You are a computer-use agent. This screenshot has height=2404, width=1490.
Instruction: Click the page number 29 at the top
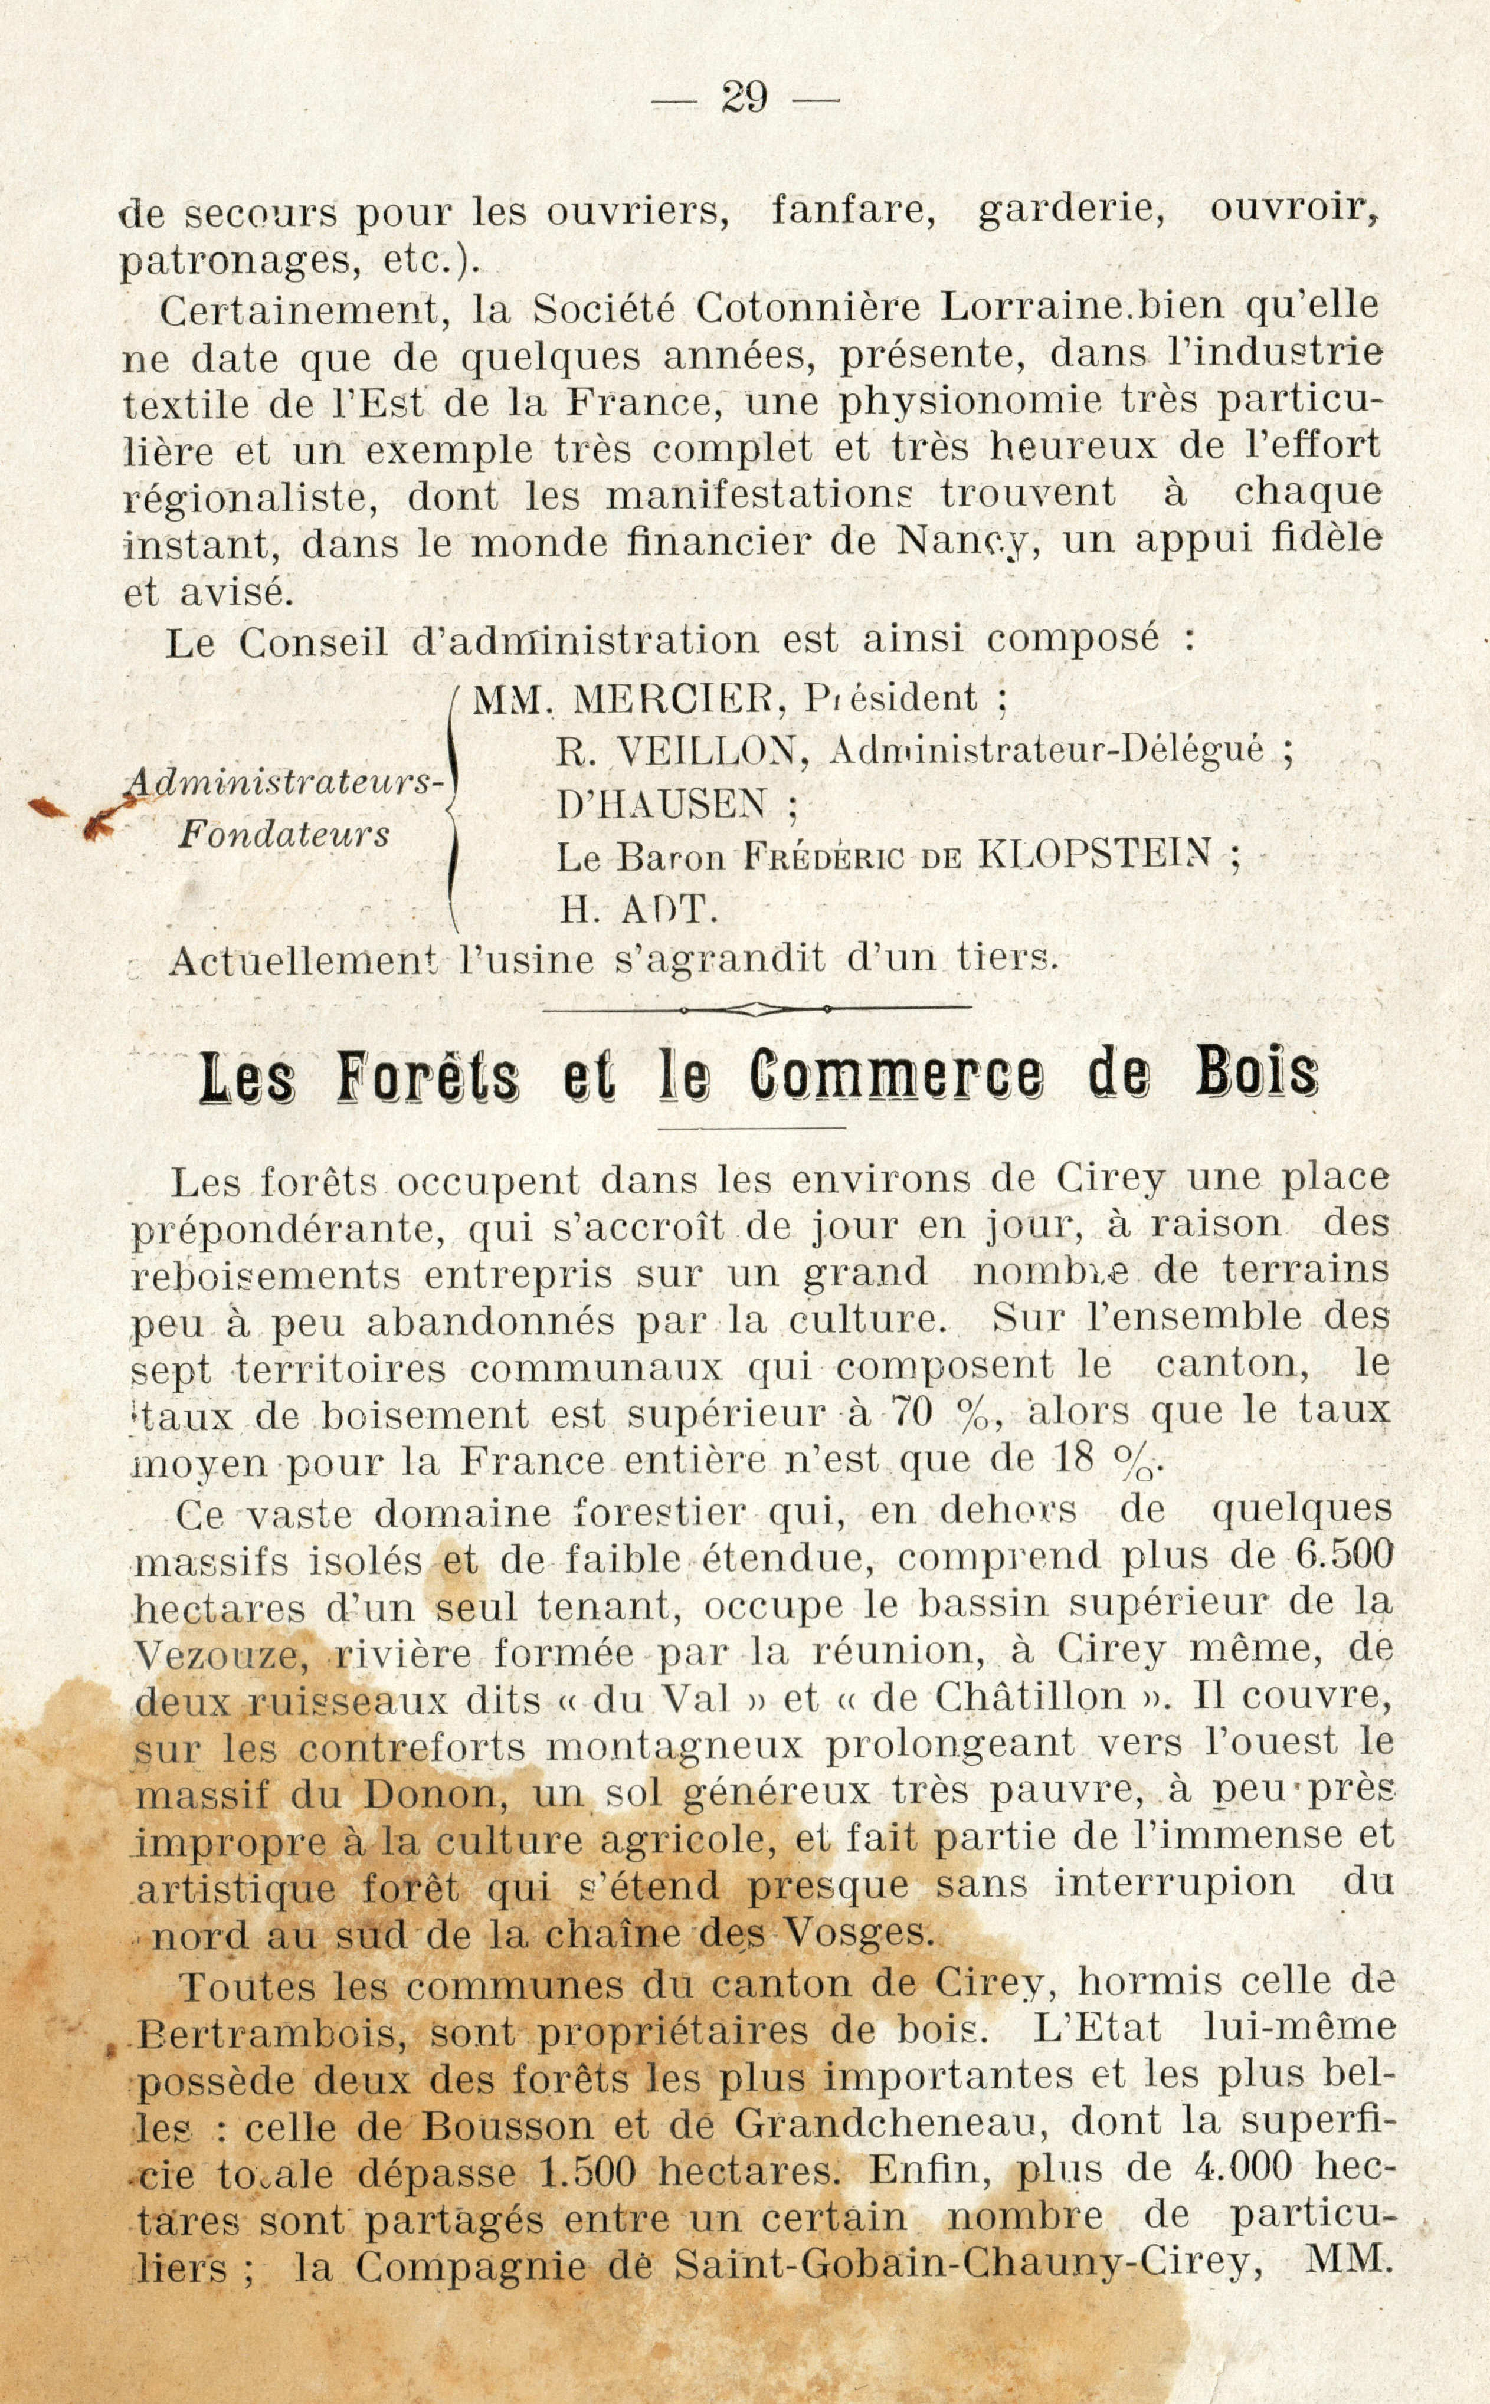pyautogui.click(x=745, y=99)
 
